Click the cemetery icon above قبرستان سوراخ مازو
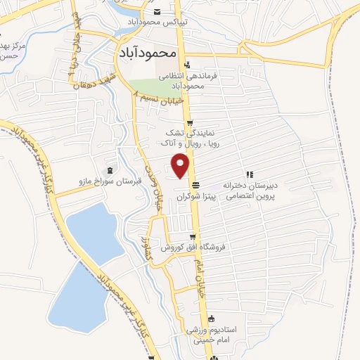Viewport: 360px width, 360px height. coord(109,169)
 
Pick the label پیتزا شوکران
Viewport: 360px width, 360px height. coord(193,195)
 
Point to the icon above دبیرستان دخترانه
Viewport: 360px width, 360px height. coord(249,174)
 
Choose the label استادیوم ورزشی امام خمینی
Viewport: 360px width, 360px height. coord(217,334)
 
